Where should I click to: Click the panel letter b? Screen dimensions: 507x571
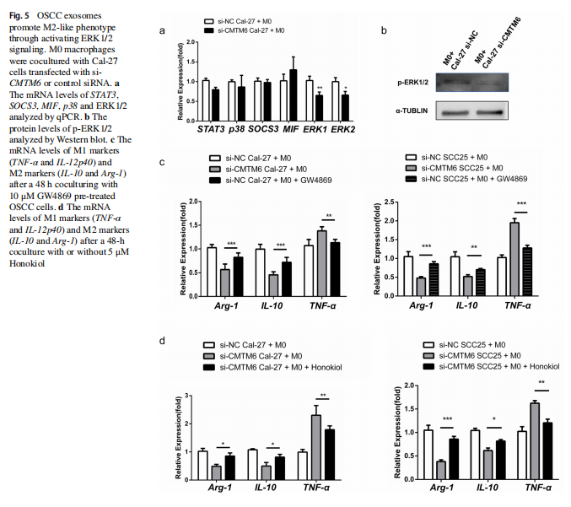pyautogui.click(x=385, y=31)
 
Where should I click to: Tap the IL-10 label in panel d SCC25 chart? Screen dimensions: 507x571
pyautogui.click(x=487, y=487)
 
